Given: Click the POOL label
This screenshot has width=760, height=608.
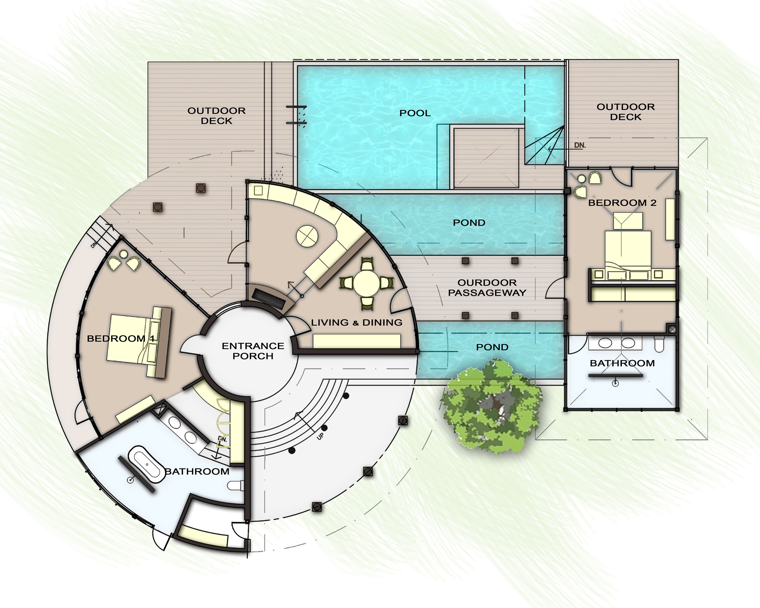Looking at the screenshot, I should pos(415,113).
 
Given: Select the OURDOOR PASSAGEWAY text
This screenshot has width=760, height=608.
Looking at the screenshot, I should pos(487,288).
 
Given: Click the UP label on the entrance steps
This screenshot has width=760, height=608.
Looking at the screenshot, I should pos(320,436).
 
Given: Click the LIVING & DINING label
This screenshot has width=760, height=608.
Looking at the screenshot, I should pos(356,322).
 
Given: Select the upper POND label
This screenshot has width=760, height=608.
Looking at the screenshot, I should pos(469,223).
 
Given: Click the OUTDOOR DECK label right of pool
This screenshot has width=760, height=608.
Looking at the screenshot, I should pos(625,112).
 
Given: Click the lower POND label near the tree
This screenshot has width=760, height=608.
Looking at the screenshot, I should pos(492,347).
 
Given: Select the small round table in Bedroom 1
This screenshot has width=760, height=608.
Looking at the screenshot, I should pos(123,254).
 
